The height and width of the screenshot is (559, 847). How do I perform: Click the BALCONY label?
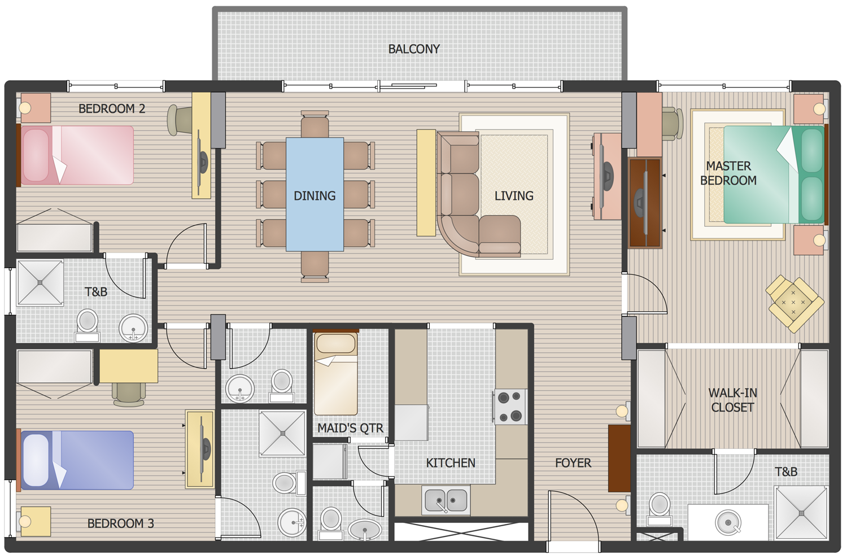(x=414, y=49)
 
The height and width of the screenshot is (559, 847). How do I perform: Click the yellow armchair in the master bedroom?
(x=794, y=303)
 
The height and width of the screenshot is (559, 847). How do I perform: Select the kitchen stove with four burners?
(x=510, y=407)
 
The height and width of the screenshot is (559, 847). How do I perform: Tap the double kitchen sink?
(x=446, y=500)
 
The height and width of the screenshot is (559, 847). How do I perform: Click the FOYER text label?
(x=573, y=463)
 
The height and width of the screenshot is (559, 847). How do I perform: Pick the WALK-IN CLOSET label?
(x=732, y=400)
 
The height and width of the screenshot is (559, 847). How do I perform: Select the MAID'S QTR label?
(x=350, y=428)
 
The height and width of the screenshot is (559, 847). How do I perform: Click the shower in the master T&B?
(x=801, y=513)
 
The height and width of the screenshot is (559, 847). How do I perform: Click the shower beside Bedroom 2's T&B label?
(x=40, y=282)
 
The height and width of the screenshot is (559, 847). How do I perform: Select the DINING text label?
(x=315, y=196)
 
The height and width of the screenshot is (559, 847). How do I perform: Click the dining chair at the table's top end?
(x=315, y=124)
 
